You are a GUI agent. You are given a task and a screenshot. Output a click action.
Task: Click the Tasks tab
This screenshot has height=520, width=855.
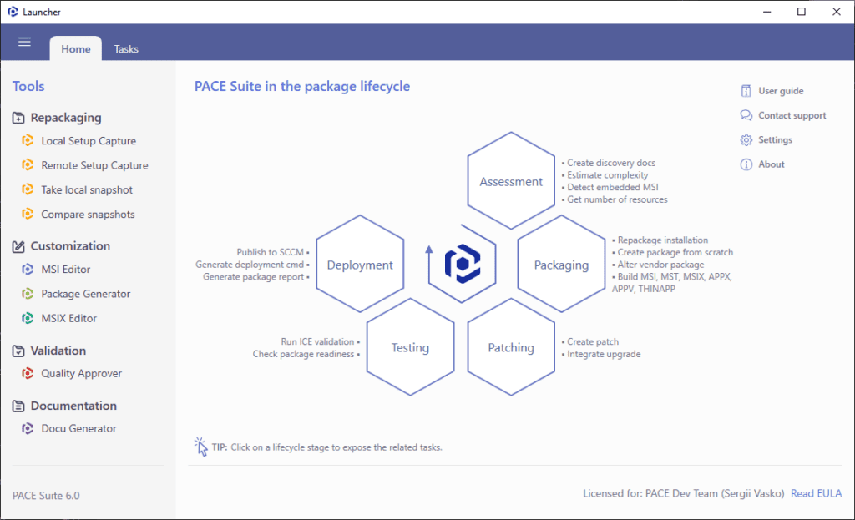coord(126,49)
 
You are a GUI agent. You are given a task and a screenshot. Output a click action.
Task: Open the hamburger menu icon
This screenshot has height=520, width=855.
coord(24,42)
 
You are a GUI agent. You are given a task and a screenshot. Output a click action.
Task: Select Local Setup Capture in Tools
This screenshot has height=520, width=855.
coord(89,140)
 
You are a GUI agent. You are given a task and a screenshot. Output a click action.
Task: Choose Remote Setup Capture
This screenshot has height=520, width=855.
coord(94,165)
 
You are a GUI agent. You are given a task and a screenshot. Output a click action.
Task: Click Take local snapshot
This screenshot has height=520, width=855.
coord(87,189)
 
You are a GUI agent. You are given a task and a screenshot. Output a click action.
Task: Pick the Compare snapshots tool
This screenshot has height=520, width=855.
coord(88,215)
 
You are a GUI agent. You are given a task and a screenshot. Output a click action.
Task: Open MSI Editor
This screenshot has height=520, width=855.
coord(65,270)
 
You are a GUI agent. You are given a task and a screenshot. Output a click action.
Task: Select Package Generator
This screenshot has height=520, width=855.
coord(86,294)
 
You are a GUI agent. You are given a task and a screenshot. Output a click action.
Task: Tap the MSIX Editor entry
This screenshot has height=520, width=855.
coord(68,318)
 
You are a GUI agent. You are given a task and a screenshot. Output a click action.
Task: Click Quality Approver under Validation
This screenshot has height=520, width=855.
coord(81,373)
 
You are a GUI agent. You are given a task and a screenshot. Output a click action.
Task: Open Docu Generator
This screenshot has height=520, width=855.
coord(78,428)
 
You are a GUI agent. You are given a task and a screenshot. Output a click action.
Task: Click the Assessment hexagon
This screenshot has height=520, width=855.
coord(511,181)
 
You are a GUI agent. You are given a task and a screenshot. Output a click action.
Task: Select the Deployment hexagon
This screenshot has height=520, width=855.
coord(360,265)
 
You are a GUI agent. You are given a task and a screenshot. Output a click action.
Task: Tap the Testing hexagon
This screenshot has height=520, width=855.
coord(410,347)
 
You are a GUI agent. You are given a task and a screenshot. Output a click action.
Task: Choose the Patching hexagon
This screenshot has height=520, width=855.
coord(511,347)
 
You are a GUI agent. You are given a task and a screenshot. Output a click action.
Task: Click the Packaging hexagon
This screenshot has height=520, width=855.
coord(561,265)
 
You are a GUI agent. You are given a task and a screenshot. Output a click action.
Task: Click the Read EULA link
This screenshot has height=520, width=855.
coord(817,493)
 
